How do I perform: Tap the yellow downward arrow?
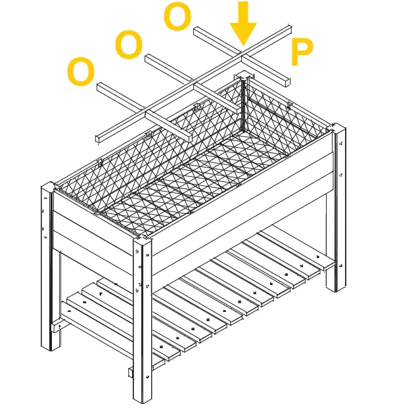click(x=243, y=22)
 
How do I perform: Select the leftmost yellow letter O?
click(x=81, y=72)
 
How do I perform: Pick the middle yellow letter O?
click(x=129, y=45)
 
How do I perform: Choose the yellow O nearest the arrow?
click(x=177, y=18)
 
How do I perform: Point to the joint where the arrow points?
click(x=243, y=48)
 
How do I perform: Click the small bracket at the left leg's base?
click(x=57, y=324)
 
